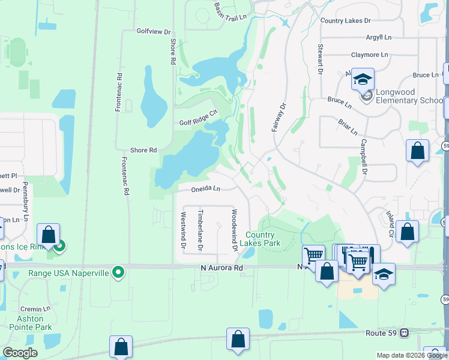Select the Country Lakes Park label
tap(259, 239)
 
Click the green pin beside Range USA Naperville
tap(119, 272)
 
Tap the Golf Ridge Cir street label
tap(197, 122)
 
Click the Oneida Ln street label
tap(206, 188)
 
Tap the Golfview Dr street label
tap(154, 31)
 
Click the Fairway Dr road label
tap(280, 117)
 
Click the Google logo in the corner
tap(20, 353)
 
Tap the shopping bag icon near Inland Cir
tap(407, 233)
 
